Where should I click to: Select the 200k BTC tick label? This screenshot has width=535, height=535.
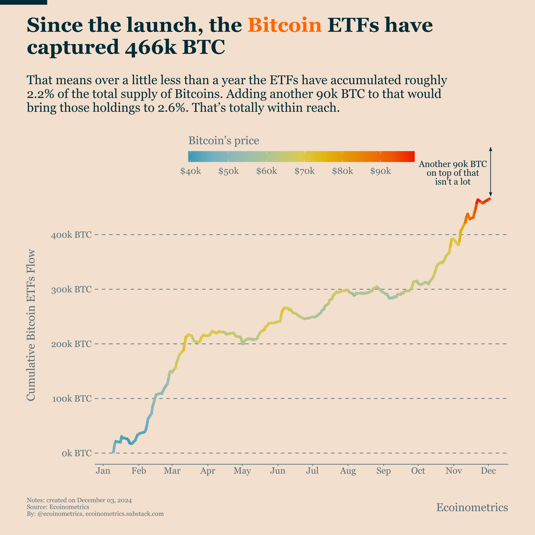coord(71,344)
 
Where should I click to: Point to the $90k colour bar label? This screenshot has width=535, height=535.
coord(381,171)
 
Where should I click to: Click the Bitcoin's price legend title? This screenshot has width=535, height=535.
coord(224,141)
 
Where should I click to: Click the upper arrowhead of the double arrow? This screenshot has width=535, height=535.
coord(490,149)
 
